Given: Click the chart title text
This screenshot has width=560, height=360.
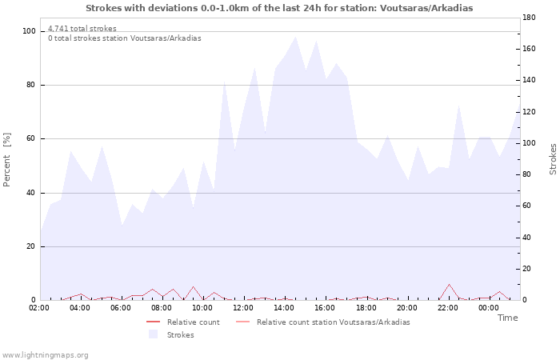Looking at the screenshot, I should (x=279, y=8).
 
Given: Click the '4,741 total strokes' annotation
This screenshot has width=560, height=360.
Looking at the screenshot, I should (x=82, y=29).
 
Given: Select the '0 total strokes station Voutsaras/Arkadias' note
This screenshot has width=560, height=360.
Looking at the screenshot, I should (x=125, y=38).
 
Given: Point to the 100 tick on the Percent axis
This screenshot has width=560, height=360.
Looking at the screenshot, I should (x=29, y=31).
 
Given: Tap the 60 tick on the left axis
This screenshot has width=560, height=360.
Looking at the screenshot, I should (x=31, y=139).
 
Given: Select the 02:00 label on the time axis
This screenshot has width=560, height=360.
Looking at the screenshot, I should (x=39, y=307).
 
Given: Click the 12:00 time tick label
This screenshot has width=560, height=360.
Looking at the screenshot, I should (x=243, y=307).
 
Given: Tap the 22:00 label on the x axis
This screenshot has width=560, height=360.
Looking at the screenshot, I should (x=447, y=307).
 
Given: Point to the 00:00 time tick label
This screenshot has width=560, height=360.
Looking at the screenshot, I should (x=488, y=307).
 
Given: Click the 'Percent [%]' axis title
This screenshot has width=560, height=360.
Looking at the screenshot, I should (x=7, y=160).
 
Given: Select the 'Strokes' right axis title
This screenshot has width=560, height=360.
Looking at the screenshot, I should (x=553, y=159).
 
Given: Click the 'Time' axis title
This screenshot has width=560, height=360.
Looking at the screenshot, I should (x=507, y=318).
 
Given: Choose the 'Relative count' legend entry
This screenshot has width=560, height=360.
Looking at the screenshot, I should (x=193, y=322).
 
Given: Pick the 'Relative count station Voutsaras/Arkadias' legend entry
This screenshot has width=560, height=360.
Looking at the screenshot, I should (x=333, y=322).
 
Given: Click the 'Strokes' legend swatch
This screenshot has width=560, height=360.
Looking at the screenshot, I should (x=153, y=334).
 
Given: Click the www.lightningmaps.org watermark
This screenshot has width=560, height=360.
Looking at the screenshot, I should (x=46, y=354).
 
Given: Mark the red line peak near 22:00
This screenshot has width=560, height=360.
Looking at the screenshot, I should (x=450, y=284).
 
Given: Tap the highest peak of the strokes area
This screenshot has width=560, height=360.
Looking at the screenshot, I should (x=295, y=37).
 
